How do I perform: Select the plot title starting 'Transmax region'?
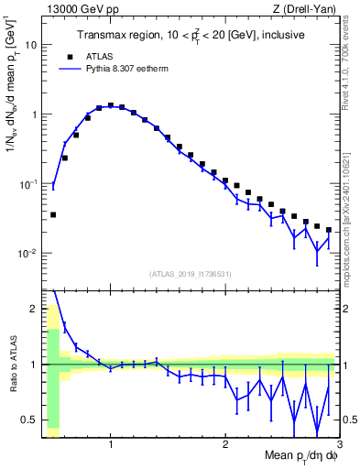(191, 36)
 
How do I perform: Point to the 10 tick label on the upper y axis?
(30, 45)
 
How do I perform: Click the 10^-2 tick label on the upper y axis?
(27, 253)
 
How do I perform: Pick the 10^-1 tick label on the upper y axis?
(27, 184)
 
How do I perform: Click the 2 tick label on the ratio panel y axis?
(32, 309)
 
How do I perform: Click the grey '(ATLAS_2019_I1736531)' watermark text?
(191, 274)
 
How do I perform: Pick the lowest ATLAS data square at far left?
(53, 214)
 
